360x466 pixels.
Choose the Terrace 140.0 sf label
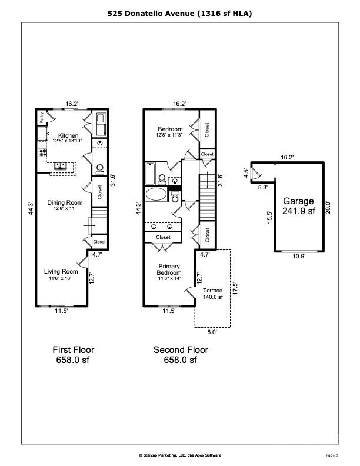[213, 294]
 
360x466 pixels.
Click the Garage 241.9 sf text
[299, 205]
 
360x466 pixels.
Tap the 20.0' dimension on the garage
[329, 207]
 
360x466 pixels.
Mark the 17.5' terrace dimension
[235, 288]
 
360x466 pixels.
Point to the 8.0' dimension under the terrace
[212, 332]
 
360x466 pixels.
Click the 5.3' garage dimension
[262, 187]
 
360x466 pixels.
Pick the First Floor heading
[74, 349]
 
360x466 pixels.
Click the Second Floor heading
[181, 349]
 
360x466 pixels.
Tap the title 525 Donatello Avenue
[180, 12]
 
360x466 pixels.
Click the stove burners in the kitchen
[43, 153]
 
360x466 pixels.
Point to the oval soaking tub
[156, 195]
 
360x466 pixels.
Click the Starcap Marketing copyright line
[179, 455]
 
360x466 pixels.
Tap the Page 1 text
[332, 455]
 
